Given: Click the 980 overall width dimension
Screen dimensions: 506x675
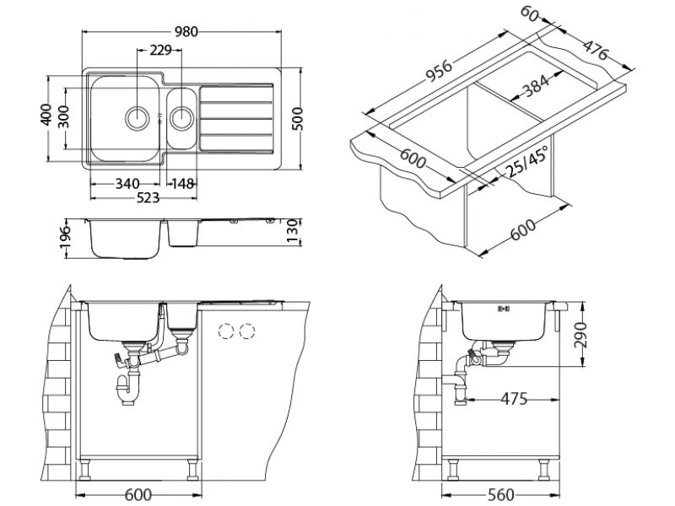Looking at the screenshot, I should [x=186, y=32].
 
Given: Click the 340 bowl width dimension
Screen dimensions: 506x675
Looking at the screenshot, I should [x=127, y=183].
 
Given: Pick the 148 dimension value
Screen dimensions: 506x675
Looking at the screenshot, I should [x=184, y=183].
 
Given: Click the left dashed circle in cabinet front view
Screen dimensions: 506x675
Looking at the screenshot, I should [x=225, y=331].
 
